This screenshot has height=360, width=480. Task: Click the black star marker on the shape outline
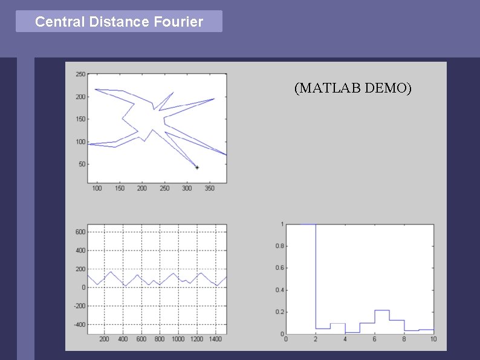click(x=197, y=167)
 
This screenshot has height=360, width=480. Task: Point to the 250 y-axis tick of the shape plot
click(x=80, y=74)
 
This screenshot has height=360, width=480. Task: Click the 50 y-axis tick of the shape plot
click(x=82, y=164)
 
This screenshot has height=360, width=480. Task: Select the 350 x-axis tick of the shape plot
click(x=209, y=188)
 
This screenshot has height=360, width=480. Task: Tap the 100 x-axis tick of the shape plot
click(x=97, y=188)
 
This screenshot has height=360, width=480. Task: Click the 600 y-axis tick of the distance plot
click(x=80, y=232)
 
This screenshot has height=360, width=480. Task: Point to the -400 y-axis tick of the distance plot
click(x=79, y=325)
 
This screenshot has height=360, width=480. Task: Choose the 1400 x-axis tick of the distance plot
click(x=215, y=339)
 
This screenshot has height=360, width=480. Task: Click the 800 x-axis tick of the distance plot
click(x=160, y=339)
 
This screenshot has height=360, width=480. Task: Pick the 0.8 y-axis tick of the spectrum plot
click(x=279, y=246)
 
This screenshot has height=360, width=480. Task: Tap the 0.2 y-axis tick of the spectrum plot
click(x=279, y=312)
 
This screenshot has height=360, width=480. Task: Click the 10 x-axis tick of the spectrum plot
click(x=433, y=339)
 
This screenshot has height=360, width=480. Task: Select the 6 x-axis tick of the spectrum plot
click(x=375, y=339)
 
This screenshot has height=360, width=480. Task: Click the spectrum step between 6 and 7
click(x=382, y=310)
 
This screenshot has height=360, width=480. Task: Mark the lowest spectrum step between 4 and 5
click(x=352, y=332)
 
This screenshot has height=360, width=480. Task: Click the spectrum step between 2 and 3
click(x=323, y=328)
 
